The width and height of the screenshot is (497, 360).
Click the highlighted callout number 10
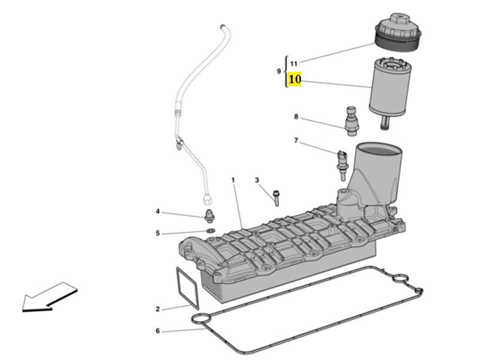coord(294,80)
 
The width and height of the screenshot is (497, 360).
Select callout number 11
coord(294,63)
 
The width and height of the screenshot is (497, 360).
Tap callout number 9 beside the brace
coord(278,71)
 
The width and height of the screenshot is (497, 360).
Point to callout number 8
coord(296,117)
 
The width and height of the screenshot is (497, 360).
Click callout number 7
coord(296,141)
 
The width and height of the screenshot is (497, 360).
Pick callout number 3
coord(257,180)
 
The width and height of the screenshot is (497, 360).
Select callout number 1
coord(233,180)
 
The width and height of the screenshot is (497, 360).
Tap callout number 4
coord(158,211)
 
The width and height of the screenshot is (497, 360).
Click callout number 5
coord(158,233)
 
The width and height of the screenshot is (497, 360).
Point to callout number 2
coord(158,309)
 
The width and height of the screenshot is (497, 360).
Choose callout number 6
coord(158,331)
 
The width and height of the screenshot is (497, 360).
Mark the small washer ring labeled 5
coord(210,229)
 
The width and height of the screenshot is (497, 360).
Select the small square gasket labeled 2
coord(187,288)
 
